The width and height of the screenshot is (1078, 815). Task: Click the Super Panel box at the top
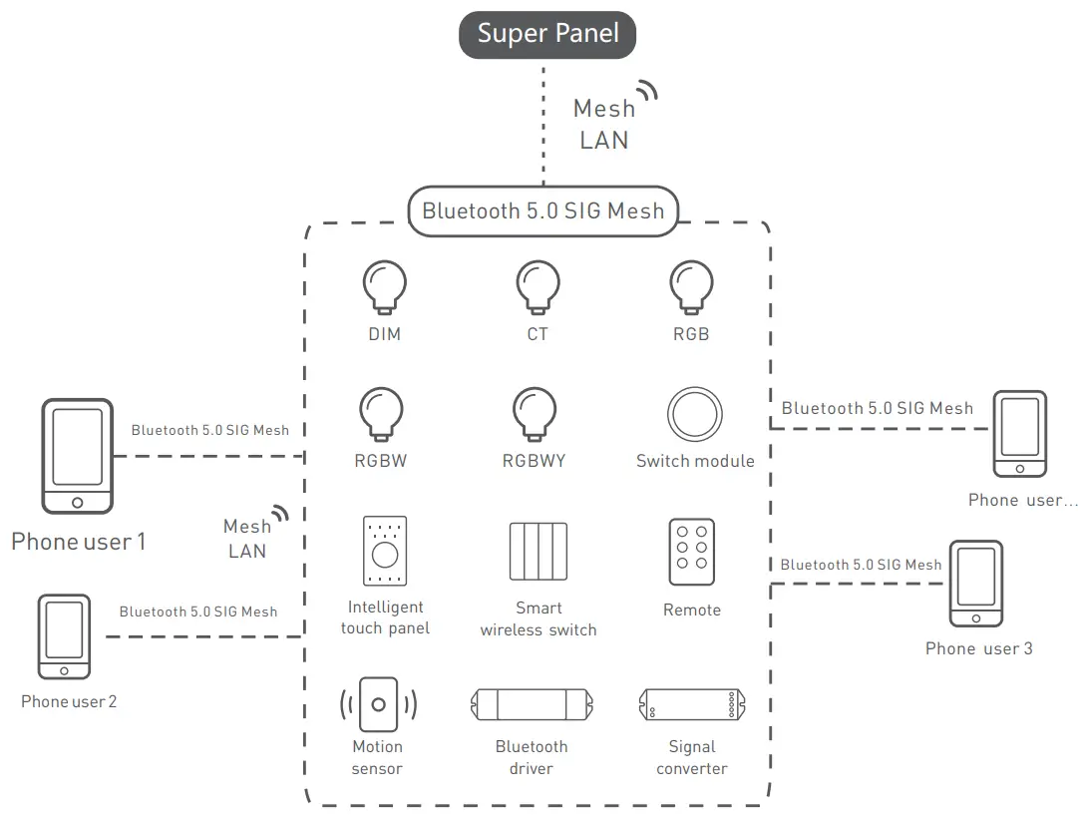point(547,34)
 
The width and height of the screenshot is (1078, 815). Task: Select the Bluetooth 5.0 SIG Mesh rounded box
point(542,211)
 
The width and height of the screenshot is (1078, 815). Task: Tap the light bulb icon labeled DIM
point(384,287)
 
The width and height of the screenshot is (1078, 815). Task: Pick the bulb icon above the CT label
point(538,287)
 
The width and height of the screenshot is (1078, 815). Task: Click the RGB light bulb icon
point(690,287)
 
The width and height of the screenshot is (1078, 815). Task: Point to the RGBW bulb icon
point(381,413)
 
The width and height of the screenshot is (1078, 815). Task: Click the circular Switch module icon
point(694,414)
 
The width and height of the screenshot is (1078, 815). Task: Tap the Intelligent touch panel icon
point(385,550)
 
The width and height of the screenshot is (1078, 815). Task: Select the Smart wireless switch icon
point(539,550)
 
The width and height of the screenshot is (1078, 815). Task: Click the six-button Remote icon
point(692,552)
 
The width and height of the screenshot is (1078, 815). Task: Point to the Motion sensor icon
point(378,704)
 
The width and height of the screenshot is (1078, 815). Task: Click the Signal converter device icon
point(691,704)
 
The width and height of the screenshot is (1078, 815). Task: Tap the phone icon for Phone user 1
point(77,456)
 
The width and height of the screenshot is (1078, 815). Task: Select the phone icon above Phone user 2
point(64,637)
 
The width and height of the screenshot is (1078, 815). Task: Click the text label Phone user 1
point(78,542)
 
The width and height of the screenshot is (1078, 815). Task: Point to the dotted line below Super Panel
point(543,125)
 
